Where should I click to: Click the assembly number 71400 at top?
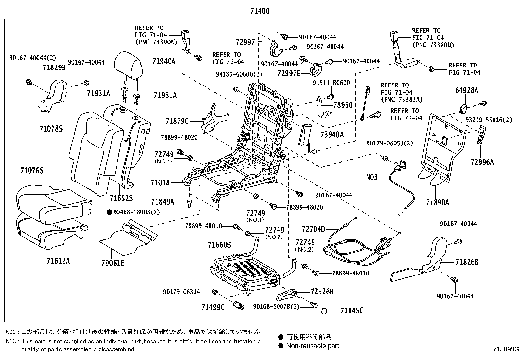pyautogui.click(x=260, y=11)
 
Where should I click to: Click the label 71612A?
pyautogui.click(x=58, y=261)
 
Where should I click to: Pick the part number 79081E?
pyautogui.click(x=113, y=263)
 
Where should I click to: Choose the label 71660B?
pyautogui.click(x=219, y=245)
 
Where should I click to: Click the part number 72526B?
pyautogui.click(x=322, y=292)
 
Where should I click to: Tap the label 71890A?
pyautogui.click(x=438, y=203)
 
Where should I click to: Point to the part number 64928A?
pyautogui.click(x=466, y=90)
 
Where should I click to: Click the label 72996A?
pyautogui.click(x=482, y=162)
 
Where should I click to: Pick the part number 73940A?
pyautogui.click(x=332, y=135)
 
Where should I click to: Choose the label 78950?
pyautogui.click(x=343, y=105)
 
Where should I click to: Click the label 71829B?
pyautogui.click(x=54, y=68)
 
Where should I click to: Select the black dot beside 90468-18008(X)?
pyautogui.click(x=109, y=212)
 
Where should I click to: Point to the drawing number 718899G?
pyautogui.click(x=506, y=349)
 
